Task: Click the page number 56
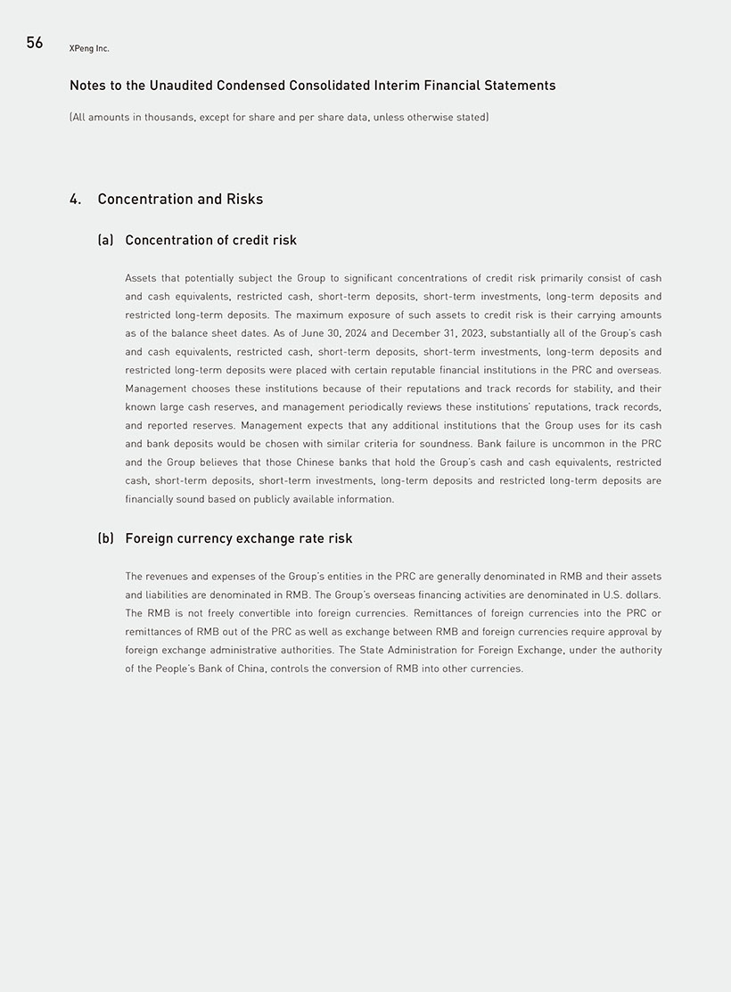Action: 35,43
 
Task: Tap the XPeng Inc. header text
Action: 89,48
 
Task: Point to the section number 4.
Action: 75,199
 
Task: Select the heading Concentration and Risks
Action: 180,199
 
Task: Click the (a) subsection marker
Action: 105,240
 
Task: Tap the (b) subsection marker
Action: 105,538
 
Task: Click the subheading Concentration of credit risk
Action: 211,240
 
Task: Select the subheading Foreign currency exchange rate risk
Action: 239,538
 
